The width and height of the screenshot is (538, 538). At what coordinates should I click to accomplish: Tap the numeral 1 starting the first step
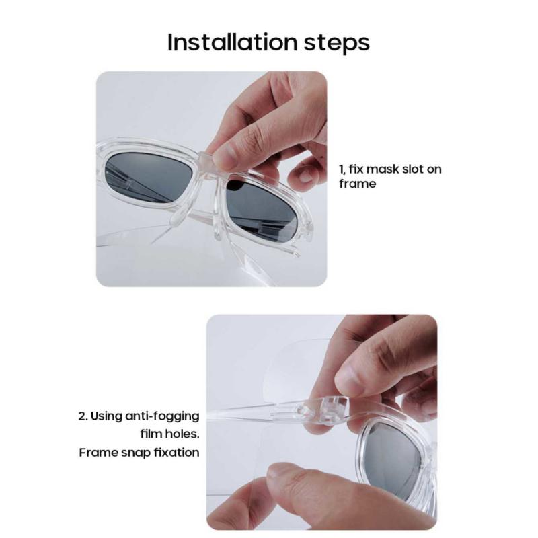pyautogui.click(x=342, y=169)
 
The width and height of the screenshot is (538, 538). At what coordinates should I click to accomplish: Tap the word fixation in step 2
pyautogui.click(x=176, y=452)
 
